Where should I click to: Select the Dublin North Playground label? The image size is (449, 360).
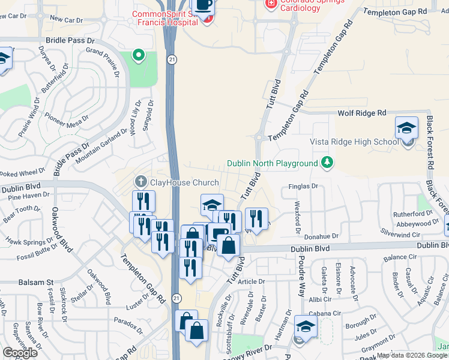coord(272,163)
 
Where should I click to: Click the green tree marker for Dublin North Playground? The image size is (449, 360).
coord(327,163)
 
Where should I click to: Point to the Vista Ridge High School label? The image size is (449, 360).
coord(354,142)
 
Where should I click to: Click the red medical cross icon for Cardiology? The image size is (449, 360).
coord(271,4)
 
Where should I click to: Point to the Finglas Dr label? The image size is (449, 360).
coord(303,187)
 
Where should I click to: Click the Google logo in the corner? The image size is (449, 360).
coord(20,353)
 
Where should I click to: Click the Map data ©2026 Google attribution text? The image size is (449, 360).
coord(412,355)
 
